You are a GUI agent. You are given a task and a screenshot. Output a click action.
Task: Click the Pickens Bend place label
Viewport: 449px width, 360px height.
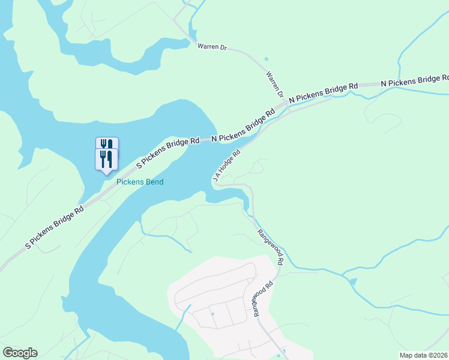point(140,182)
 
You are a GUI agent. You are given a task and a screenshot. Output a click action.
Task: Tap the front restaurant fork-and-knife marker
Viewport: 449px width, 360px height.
point(106,159)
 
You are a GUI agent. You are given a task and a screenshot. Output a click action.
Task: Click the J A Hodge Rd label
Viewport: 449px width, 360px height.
point(226,167)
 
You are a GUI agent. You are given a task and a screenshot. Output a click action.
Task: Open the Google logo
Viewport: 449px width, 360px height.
point(20,353)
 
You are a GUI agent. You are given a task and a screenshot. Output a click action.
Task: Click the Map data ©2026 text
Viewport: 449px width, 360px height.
point(423,355)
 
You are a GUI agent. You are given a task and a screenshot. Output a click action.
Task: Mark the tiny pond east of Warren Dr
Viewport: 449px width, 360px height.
point(266,59)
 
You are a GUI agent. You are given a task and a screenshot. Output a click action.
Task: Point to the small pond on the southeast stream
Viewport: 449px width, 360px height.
point(352,282)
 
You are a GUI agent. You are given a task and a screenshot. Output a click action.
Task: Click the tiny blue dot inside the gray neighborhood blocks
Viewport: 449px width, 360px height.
point(212,313)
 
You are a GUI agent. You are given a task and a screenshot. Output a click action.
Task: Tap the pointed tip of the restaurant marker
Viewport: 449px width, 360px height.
point(106,174)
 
